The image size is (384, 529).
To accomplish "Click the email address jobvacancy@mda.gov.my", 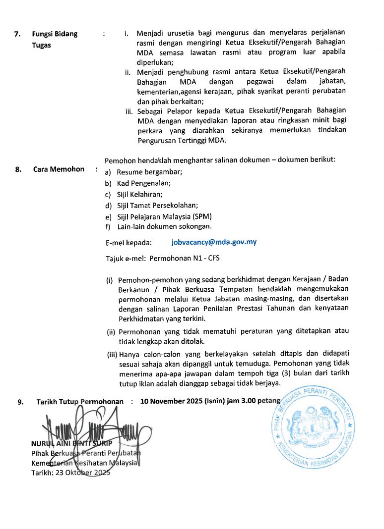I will point(214,243).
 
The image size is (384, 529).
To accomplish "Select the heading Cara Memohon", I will point(59,169).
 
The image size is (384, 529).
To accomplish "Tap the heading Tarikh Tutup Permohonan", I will point(80,401).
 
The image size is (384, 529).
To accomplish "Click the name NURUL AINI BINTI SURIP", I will point(69,444).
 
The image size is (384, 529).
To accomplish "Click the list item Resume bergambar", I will point(149,172).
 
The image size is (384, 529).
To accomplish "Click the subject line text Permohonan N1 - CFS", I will point(185,259).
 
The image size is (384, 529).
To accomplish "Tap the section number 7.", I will point(17,34).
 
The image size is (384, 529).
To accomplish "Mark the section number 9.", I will point(20,402).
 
